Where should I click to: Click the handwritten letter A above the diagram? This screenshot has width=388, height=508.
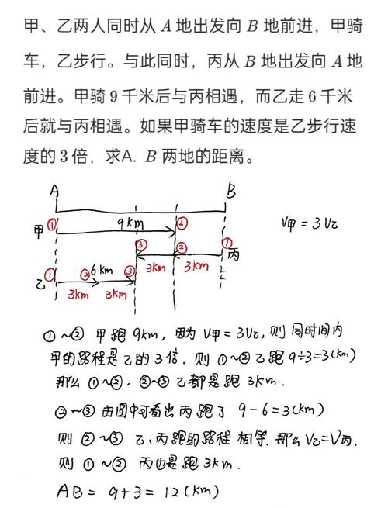pos(55,190)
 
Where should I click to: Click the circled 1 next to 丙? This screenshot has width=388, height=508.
pos(227,243)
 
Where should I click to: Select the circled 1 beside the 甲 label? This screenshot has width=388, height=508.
pos(51,226)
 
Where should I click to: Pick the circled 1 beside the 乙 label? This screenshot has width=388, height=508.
pos(50,275)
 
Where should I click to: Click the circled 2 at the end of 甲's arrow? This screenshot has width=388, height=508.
pos(182,223)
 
